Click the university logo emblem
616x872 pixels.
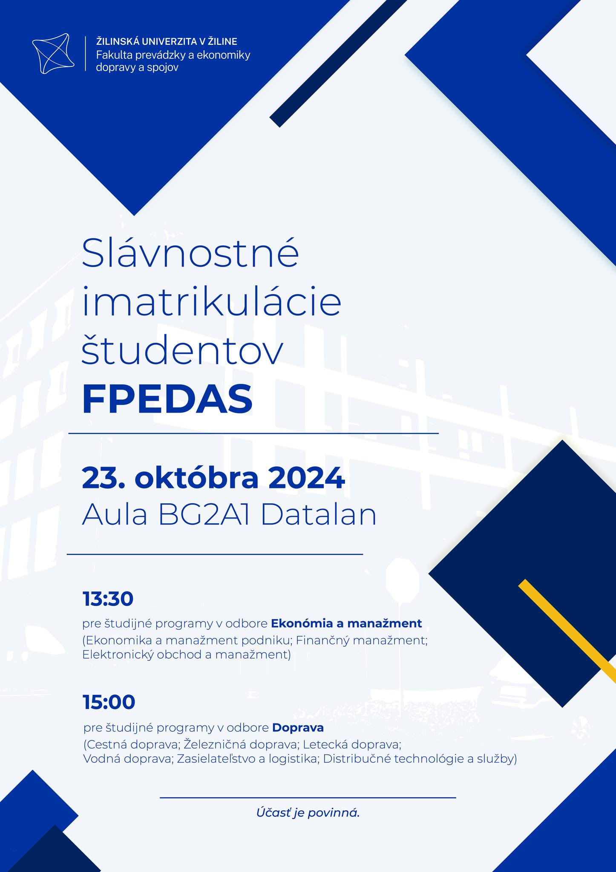point(53,53)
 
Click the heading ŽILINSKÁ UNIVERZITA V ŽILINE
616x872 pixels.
point(167,41)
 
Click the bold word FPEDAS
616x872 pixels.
point(167,399)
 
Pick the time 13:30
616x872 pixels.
point(108,599)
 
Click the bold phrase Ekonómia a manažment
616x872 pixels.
point(346,623)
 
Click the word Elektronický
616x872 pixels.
point(118,654)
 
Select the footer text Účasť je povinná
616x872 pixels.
point(308,813)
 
